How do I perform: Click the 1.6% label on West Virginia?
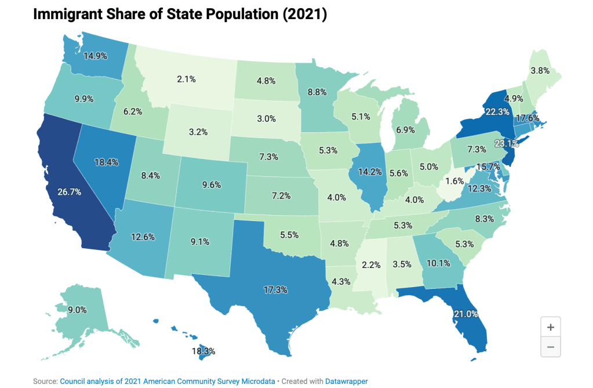click(456, 180)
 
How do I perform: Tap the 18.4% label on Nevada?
click(106, 162)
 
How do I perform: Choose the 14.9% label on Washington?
click(96, 56)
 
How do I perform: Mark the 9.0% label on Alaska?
click(77, 310)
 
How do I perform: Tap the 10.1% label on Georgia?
click(438, 262)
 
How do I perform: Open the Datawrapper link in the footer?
click(347, 381)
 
